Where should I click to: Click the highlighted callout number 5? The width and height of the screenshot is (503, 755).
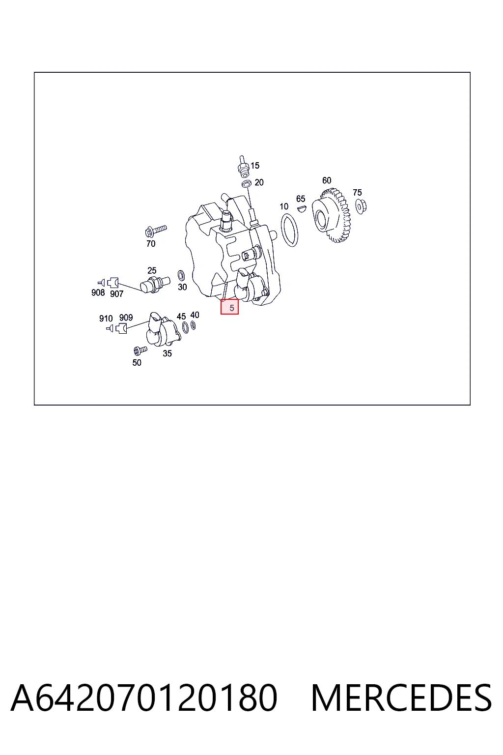coord(229,307)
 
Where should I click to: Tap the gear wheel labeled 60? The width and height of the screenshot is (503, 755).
coord(331,216)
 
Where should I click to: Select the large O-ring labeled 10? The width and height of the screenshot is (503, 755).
coord(289,230)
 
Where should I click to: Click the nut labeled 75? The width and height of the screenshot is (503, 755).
coord(361,206)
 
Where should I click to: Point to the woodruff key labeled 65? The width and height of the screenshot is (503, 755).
coord(302,208)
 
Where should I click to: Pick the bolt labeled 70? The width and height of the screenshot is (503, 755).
coord(156,231)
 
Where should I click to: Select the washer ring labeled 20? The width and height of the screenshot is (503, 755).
coord(247,184)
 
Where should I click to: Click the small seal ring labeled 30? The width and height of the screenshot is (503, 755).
coord(181,275)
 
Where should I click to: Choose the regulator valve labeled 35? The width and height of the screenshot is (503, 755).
coord(163,330)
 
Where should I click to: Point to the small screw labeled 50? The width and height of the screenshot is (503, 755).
coord(140,350)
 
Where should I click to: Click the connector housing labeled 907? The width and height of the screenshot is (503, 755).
coord(113,283)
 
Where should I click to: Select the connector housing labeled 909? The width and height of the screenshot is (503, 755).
coord(122,328)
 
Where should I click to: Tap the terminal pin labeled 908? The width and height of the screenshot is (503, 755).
coord(101,283)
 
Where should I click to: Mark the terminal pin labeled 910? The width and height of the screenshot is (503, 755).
coord(110,328)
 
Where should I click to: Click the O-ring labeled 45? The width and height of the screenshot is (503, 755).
coord(185,327)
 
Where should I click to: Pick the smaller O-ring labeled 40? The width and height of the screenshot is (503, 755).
coord(193,325)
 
